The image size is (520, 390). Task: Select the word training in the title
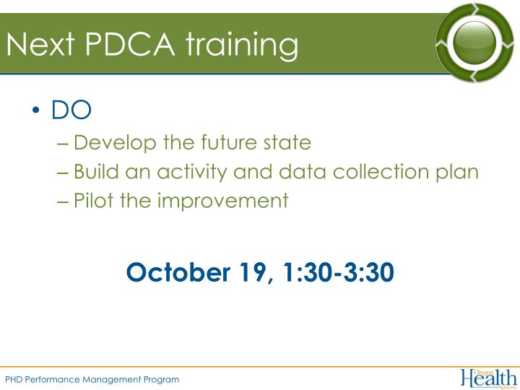(x=242, y=45)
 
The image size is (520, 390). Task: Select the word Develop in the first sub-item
(x=115, y=143)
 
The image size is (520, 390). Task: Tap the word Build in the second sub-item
(x=95, y=172)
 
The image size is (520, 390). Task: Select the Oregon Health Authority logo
(x=488, y=377)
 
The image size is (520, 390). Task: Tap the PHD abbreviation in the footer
(x=14, y=379)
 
